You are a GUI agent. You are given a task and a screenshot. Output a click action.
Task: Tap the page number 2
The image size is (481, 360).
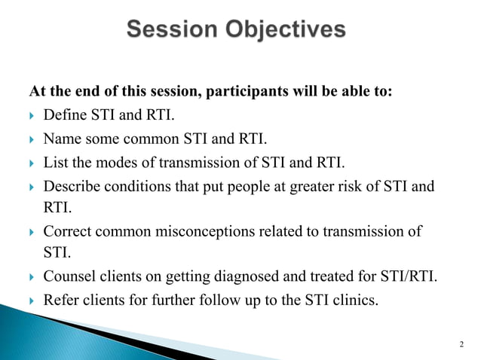pyautogui.click(x=461, y=344)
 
